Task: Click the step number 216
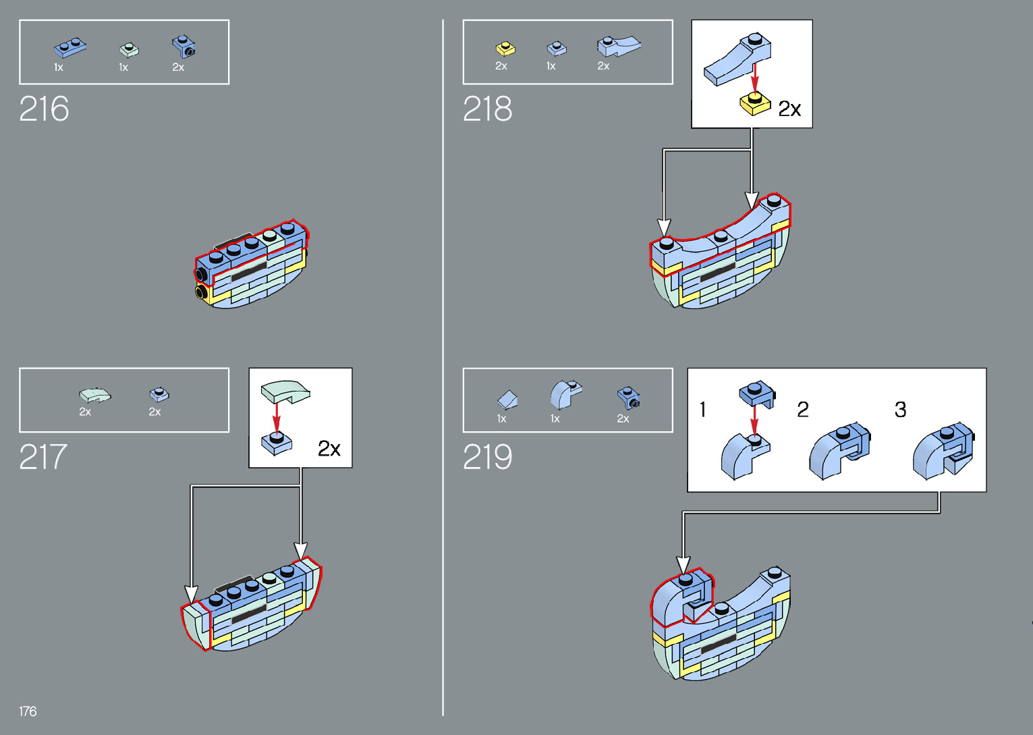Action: click(44, 109)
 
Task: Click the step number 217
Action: click(43, 457)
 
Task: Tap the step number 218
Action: click(487, 109)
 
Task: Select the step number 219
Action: click(487, 457)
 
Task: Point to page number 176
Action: click(28, 711)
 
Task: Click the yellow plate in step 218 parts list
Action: click(505, 49)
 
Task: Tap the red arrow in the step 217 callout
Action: click(276, 415)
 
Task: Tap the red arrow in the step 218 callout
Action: click(755, 74)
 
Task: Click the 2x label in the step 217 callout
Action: click(329, 449)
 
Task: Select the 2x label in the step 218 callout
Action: click(789, 109)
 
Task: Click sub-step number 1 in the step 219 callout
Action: click(703, 409)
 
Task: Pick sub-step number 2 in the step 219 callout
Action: click(803, 409)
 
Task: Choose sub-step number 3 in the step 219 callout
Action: click(900, 409)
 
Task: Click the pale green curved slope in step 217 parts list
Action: click(94, 394)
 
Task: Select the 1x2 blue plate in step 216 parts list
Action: click(70, 48)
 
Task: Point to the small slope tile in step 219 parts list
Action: click(507, 399)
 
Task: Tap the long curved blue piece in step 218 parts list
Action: click(617, 46)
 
